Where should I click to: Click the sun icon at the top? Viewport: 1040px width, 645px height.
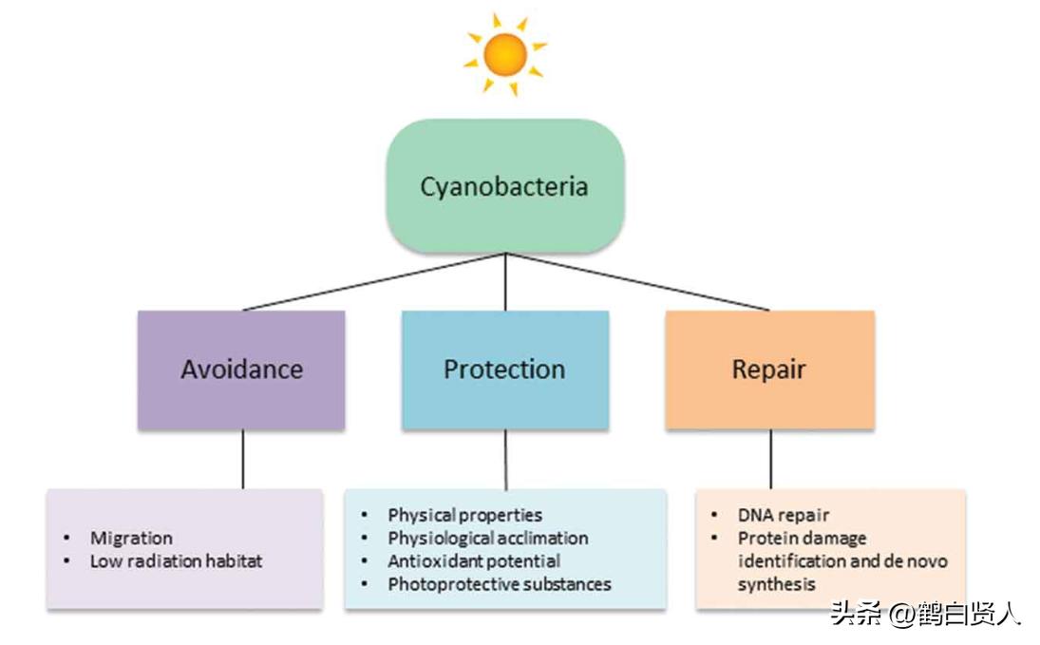click(x=505, y=53)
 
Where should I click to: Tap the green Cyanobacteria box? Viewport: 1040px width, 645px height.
click(x=504, y=185)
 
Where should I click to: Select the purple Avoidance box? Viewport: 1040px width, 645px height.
click(x=241, y=370)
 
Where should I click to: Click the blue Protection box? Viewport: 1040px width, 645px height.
click(x=504, y=370)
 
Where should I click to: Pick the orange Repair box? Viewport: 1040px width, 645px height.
click(x=768, y=370)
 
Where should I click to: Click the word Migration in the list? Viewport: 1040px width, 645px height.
click(x=131, y=538)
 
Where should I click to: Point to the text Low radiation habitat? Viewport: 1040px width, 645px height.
click(x=176, y=560)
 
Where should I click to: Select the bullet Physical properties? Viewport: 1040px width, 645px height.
click(x=464, y=515)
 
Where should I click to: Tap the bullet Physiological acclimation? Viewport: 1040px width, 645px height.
click(x=487, y=538)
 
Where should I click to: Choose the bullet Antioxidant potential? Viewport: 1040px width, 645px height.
click(x=473, y=560)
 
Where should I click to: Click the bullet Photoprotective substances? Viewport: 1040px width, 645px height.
click(x=499, y=584)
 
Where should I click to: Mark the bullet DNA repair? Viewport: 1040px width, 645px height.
click(x=783, y=515)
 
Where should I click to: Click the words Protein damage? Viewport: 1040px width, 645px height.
click(x=788, y=538)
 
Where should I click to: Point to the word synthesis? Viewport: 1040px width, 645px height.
click(x=776, y=584)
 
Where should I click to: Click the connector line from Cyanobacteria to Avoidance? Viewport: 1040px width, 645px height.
click(x=372, y=282)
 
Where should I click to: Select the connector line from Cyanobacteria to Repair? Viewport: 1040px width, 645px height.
click(x=638, y=282)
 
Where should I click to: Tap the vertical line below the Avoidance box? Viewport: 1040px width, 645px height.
click(x=242, y=459)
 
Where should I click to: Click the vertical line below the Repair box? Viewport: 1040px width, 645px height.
click(x=770, y=459)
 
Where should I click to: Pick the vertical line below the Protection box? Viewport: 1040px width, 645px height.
click(x=505, y=459)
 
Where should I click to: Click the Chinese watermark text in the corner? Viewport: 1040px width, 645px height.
click(x=925, y=614)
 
